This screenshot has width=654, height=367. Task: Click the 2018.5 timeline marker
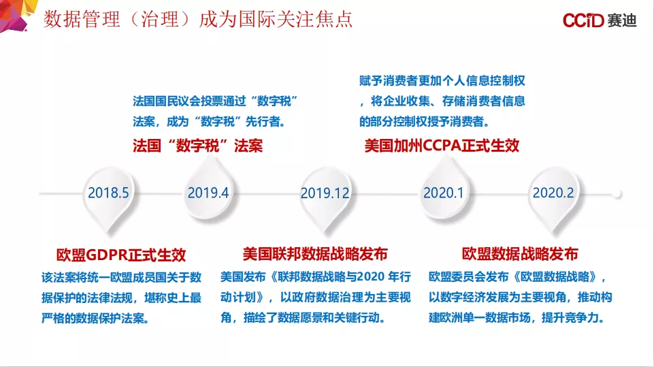point(108,197)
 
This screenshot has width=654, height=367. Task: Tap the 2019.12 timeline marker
point(325,197)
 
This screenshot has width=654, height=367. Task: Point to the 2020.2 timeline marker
point(553,197)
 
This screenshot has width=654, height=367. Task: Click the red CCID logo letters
point(583,20)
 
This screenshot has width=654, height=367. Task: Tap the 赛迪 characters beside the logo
point(622,20)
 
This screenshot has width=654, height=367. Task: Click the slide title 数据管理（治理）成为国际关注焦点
point(198,19)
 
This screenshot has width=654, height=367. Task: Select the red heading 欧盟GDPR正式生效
point(121,255)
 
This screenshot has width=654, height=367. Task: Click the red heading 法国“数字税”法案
point(198,146)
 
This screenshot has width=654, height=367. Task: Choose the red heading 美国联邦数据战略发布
point(315,254)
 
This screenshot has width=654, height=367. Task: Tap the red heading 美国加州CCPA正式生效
point(442,146)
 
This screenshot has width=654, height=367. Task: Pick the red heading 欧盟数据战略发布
point(520,254)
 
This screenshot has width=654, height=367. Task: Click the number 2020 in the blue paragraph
point(371,276)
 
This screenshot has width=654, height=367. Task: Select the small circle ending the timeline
point(617,194)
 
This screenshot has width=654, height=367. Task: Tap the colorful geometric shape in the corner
point(16,14)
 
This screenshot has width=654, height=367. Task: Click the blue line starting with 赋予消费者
point(442,80)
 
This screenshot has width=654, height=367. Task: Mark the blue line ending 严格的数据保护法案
point(95,318)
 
